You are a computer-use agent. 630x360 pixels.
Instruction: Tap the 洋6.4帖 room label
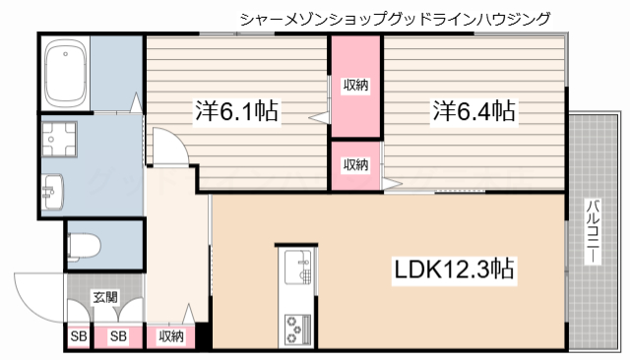click(x=473, y=110)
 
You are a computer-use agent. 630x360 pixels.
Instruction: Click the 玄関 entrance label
click(x=104, y=296)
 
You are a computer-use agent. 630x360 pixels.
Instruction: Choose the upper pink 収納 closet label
click(x=355, y=86)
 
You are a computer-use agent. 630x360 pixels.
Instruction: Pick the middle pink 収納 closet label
click(x=355, y=164)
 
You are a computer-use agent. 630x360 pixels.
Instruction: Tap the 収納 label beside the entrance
click(x=170, y=336)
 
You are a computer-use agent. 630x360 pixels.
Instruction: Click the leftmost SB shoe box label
click(x=77, y=336)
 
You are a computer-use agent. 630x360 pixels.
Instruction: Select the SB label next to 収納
click(x=118, y=336)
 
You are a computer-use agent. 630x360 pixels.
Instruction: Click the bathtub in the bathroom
click(x=67, y=74)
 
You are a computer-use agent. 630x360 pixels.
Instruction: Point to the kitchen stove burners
click(x=296, y=329)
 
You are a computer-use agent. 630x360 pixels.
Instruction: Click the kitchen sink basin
click(x=296, y=266)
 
